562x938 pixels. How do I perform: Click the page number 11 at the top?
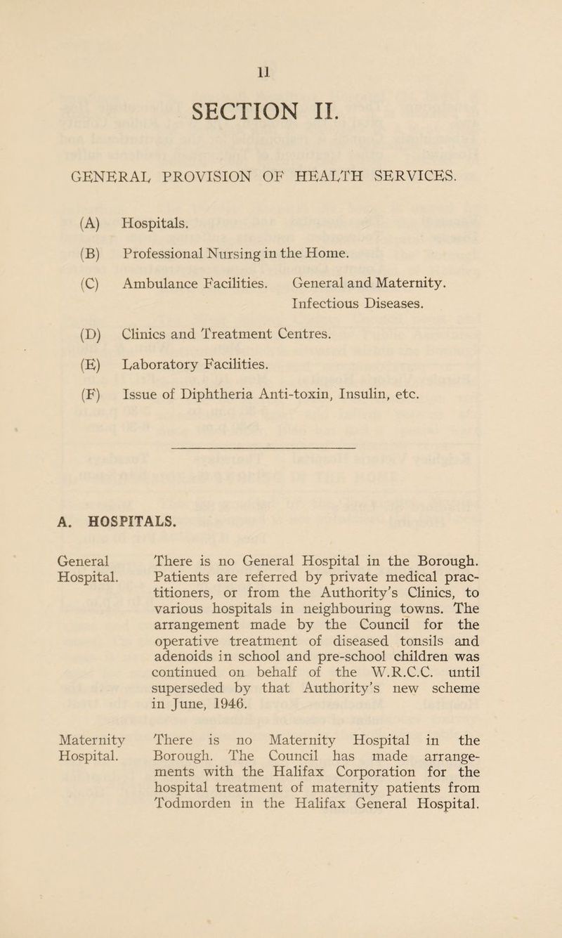281,70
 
